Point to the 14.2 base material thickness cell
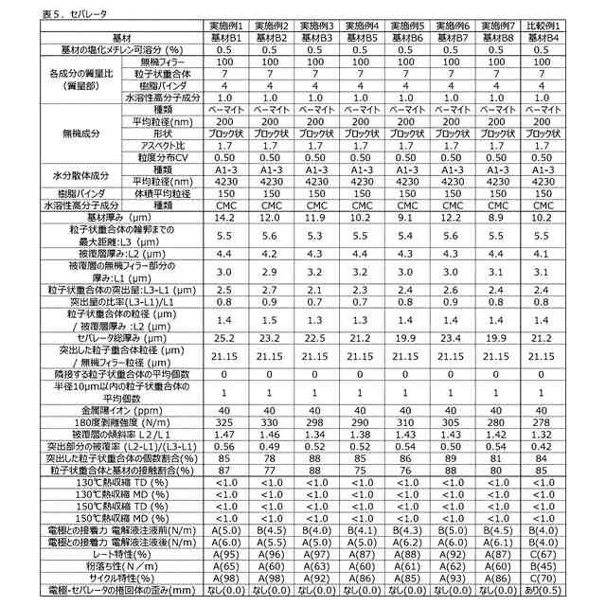[x=224, y=217]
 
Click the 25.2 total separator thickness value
[x=224, y=336]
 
